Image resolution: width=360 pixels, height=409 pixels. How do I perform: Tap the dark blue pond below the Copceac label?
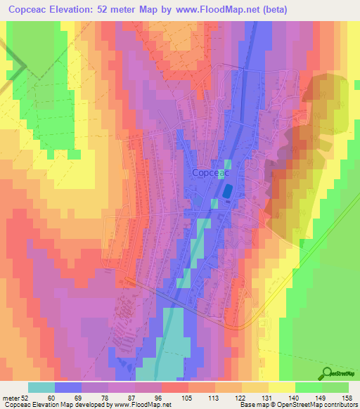click(228, 190)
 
